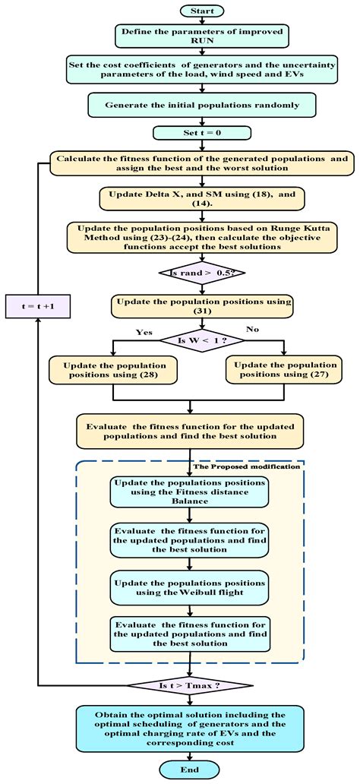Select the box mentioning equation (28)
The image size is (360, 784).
(x=112, y=369)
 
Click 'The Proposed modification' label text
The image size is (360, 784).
(x=248, y=466)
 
